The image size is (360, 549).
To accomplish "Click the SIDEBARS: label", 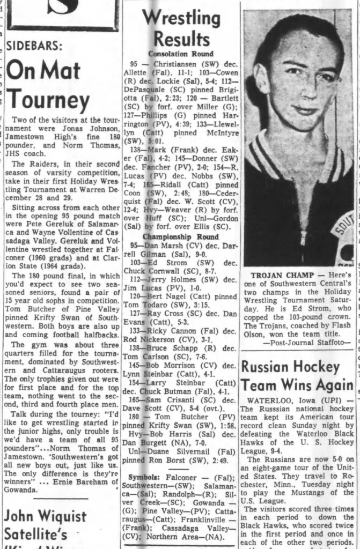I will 34,46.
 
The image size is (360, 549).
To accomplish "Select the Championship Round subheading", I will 180,236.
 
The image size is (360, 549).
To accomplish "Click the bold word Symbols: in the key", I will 139,477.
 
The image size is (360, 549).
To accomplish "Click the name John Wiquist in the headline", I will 45,517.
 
